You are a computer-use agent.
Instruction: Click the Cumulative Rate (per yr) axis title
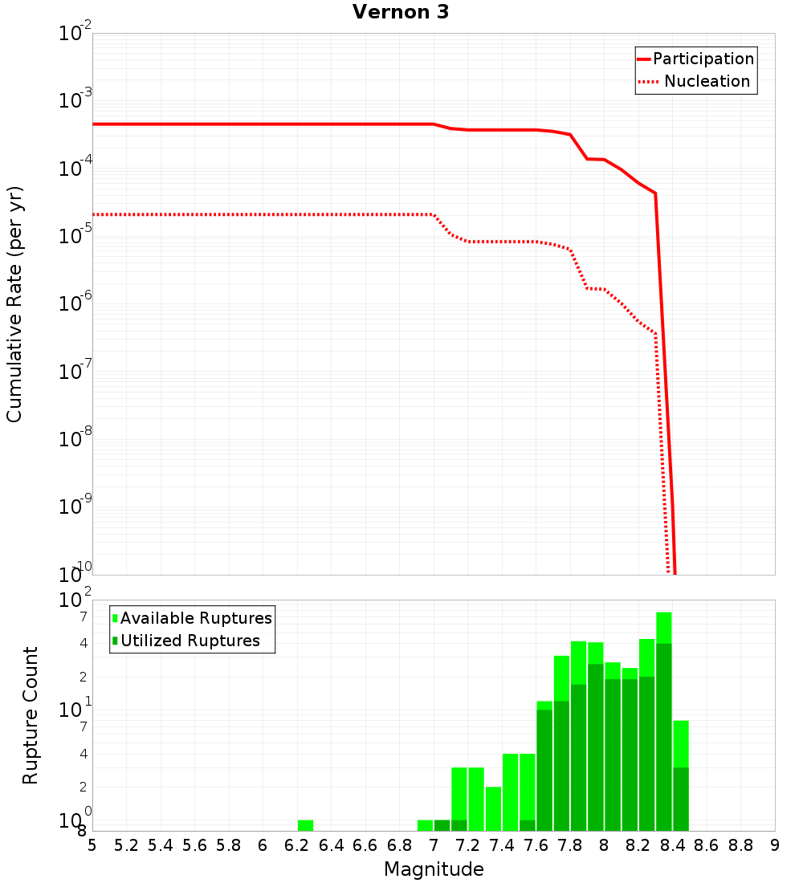(x=14, y=303)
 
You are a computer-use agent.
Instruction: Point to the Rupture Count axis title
(x=31, y=715)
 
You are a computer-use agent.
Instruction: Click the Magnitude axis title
(x=434, y=869)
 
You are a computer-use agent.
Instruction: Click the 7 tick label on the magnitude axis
(x=434, y=845)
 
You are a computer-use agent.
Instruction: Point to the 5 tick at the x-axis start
(x=92, y=845)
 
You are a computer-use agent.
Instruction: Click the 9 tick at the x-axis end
(x=775, y=845)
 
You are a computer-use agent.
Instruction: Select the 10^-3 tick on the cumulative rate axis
(x=75, y=100)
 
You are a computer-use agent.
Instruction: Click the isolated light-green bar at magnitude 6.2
(x=305, y=825)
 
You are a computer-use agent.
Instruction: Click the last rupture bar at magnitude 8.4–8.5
(x=681, y=775)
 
